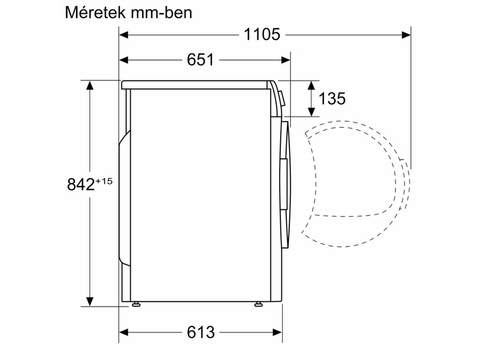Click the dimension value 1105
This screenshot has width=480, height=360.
262,34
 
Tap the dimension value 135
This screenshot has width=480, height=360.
332,98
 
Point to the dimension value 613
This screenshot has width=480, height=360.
200,332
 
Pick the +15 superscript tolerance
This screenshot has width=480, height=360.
103,181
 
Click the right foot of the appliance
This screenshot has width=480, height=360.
259,305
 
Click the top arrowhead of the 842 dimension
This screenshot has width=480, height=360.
90,85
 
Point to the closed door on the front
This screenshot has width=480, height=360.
286,180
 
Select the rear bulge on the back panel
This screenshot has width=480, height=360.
124,198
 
